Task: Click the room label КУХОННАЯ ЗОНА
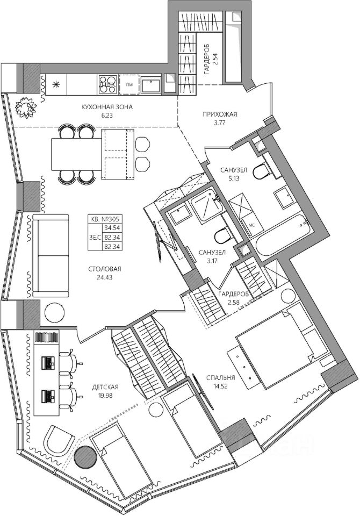pos(107,107)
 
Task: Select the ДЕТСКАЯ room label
pos(105,387)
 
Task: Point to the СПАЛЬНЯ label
pos(220,377)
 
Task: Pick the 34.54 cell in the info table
pos(112,227)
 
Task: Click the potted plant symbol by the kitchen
pos(25,107)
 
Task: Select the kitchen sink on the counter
pos(151,84)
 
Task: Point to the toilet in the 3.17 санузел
pos(224,235)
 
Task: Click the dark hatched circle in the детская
pos(85,456)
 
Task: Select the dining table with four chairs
pos(76,154)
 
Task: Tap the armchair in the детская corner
pos(60,440)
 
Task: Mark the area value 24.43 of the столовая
pos(105,277)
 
